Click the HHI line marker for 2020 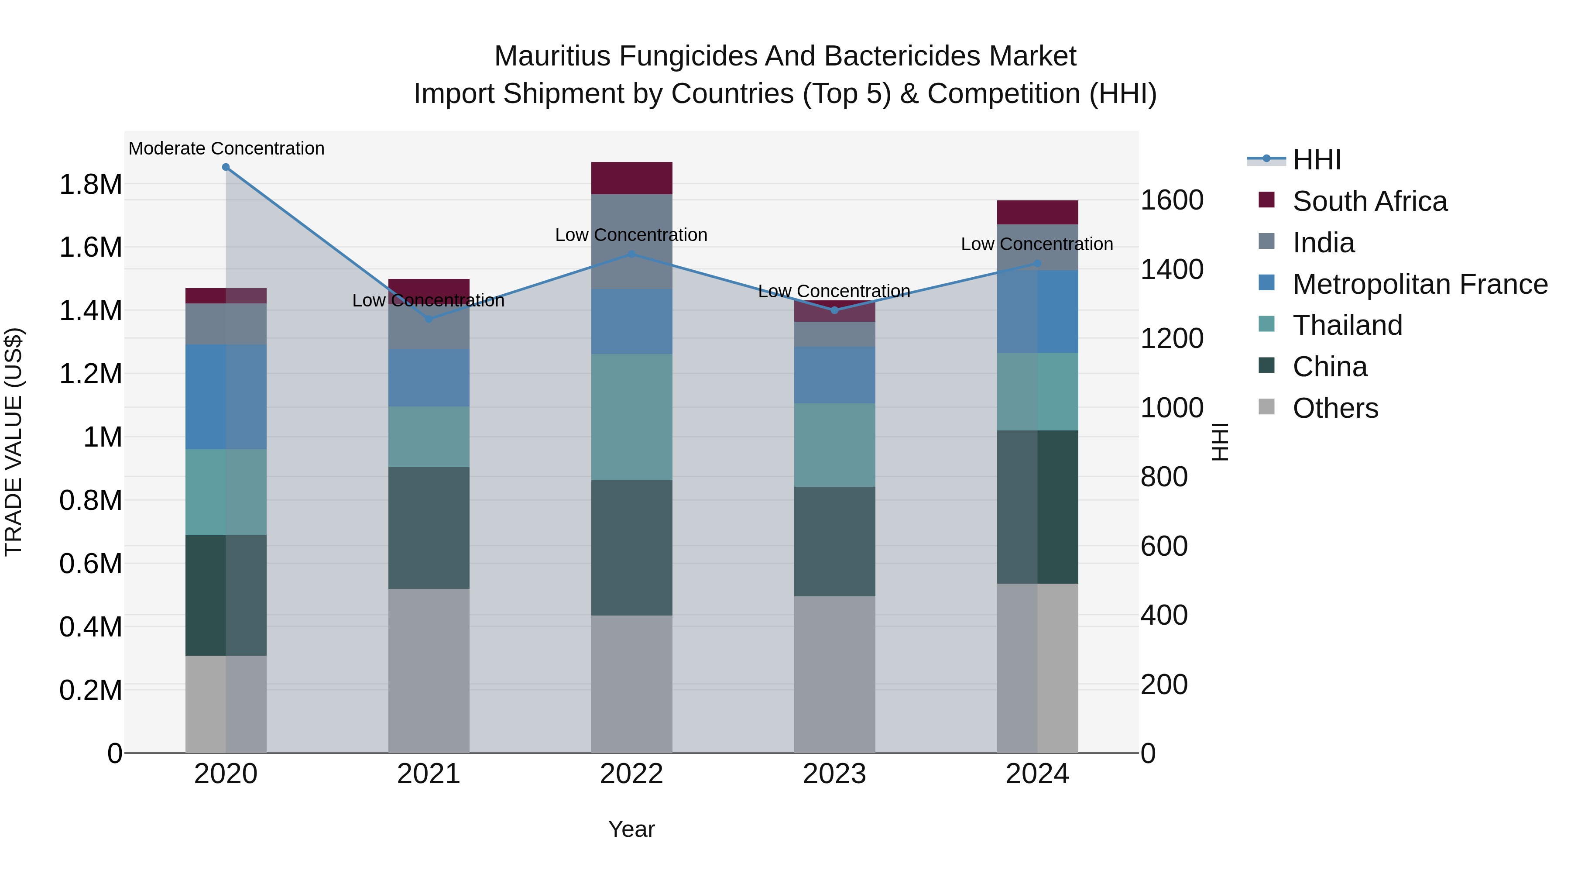point(226,167)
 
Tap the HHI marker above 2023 point(834,310)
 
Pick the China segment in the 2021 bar point(429,528)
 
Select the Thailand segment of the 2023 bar point(834,445)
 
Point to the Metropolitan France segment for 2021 point(429,378)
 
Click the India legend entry point(1324,243)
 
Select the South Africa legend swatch point(1267,200)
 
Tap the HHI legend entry point(1316,160)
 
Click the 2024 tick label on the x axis point(1037,774)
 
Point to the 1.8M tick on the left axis point(91,184)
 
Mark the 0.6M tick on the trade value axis point(91,564)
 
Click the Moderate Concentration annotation point(226,148)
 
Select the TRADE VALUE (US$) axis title point(14,442)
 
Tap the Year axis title point(631,829)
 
